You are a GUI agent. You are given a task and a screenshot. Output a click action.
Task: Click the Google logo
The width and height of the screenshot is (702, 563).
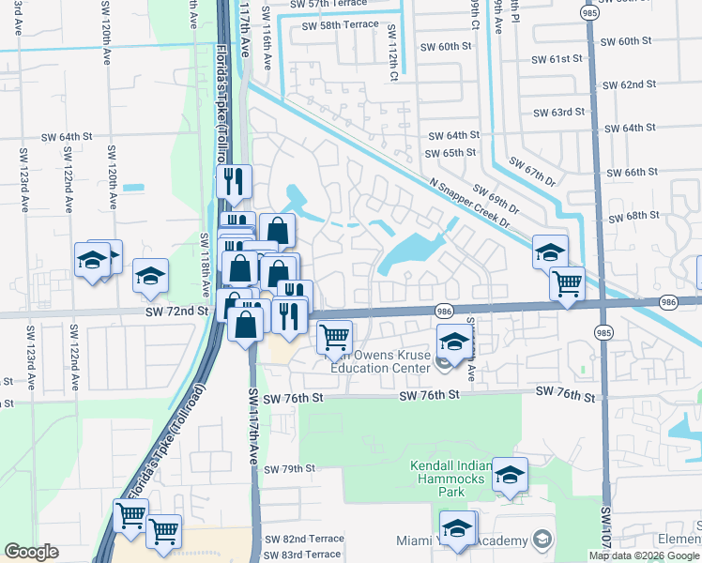coord(31,552)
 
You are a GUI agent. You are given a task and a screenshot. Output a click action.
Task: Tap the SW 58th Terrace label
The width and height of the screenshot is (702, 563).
coord(340,25)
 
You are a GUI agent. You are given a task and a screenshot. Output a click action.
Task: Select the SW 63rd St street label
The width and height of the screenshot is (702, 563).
coord(558,112)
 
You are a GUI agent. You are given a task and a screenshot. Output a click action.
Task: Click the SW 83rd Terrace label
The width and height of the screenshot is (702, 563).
coord(303,555)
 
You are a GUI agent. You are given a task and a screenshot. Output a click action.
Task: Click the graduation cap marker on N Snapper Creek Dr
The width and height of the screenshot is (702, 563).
coord(550,251)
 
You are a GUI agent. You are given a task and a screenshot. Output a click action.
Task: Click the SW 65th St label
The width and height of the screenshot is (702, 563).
coord(451,153)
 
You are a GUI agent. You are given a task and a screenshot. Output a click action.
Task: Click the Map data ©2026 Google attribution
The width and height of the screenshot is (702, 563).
coord(643,555)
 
